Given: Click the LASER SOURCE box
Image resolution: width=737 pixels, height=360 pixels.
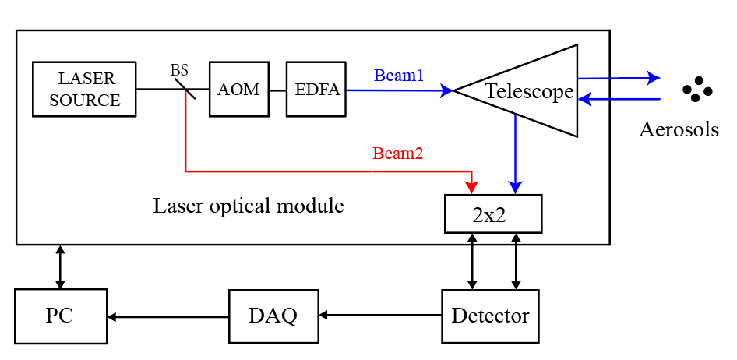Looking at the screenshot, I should pyautogui.click(x=84, y=89).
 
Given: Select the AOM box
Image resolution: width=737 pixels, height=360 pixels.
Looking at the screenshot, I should pyautogui.click(x=238, y=89).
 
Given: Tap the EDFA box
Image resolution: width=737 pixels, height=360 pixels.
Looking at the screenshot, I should pyautogui.click(x=316, y=89).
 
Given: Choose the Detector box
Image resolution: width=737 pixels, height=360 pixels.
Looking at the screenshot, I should pyautogui.click(x=490, y=316).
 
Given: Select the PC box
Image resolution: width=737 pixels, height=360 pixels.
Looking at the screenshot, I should pyautogui.click(x=60, y=316).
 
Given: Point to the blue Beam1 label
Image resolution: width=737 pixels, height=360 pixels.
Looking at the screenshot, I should pyautogui.click(x=399, y=76).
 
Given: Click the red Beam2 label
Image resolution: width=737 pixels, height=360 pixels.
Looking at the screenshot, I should pyautogui.click(x=397, y=154).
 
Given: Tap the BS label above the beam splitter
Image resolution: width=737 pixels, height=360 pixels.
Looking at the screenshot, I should pyautogui.click(x=179, y=71).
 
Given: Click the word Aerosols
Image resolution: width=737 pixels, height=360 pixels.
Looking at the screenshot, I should pyautogui.click(x=679, y=129).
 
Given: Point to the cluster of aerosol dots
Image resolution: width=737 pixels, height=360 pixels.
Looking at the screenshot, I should pyautogui.click(x=696, y=90).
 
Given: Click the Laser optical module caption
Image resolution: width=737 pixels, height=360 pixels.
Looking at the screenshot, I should pyautogui.click(x=248, y=206).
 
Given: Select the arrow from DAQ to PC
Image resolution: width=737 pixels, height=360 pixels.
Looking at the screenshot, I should pyautogui.click(x=167, y=316).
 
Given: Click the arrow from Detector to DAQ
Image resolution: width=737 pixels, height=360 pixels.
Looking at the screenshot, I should pyautogui.click(x=380, y=316).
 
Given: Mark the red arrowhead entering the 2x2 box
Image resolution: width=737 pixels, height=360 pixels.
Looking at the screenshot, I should pyautogui.click(x=471, y=188).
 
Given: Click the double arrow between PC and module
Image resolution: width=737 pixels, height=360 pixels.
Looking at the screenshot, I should pyautogui.click(x=60, y=267).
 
